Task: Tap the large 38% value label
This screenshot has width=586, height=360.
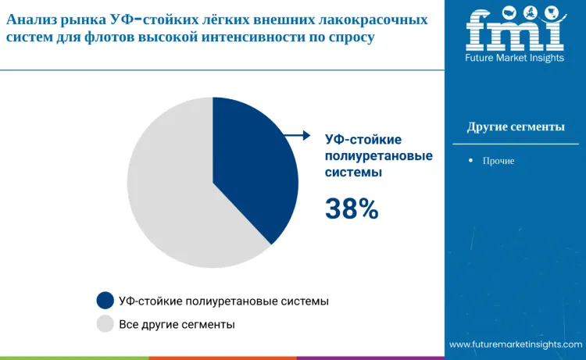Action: [x=352, y=209]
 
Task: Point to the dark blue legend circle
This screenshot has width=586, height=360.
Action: [x=105, y=301]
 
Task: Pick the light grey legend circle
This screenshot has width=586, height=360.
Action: [x=105, y=323]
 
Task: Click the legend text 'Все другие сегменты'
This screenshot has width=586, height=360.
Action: [x=177, y=323]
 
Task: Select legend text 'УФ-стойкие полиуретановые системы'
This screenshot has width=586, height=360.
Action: [x=223, y=301]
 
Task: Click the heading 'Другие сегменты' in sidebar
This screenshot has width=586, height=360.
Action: [x=516, y=127]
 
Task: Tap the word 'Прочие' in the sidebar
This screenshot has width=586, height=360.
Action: [x=499, y=160]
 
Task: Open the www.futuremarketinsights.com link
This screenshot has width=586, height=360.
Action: [x=516, y=344]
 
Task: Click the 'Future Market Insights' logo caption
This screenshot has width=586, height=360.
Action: [x=516, y=59]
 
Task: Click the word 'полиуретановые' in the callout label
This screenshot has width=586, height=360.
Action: [x=379, y=156]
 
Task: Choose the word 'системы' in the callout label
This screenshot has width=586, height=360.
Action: [x=353, y=173]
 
